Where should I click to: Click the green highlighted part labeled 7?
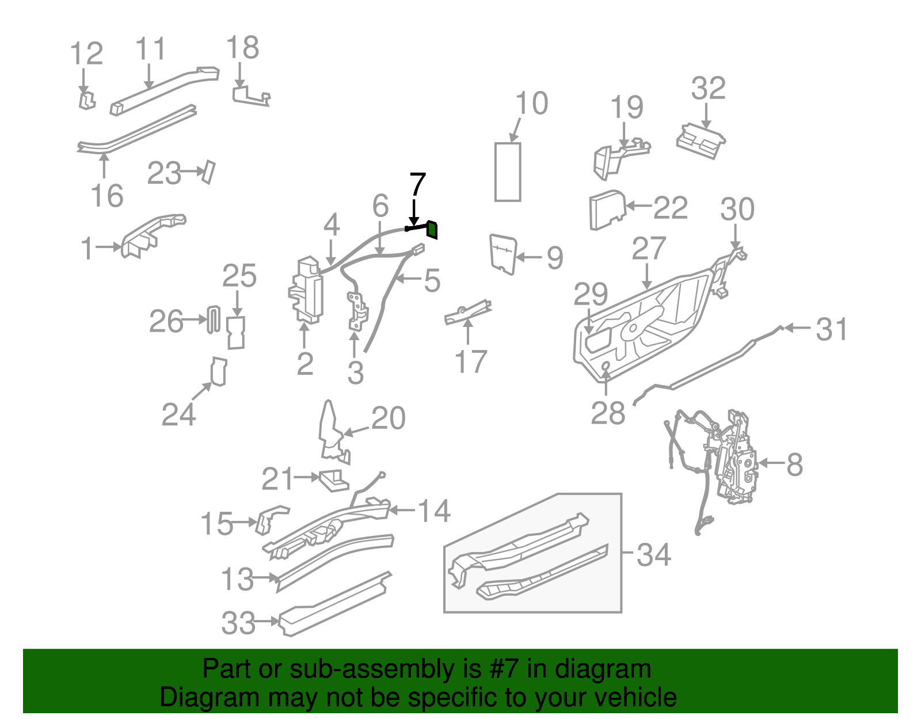[x=432, y=230]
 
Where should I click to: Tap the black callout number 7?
[x=417, y=185]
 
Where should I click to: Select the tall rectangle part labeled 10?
[x=508, y=172]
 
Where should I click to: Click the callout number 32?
[x=708, y=89]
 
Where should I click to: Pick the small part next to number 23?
[x=208, y=172]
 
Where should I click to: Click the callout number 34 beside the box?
[x=654, y=554]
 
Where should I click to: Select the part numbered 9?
[x=502, y=253]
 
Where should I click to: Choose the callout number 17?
[x=470, y=362]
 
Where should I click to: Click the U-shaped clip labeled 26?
[x=214, y=319]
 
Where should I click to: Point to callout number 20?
[x=389, y=418]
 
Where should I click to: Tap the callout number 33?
[x=238, y=623]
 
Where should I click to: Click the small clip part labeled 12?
[x=86, y=100]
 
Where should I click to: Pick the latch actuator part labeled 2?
[x=307, y=291]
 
